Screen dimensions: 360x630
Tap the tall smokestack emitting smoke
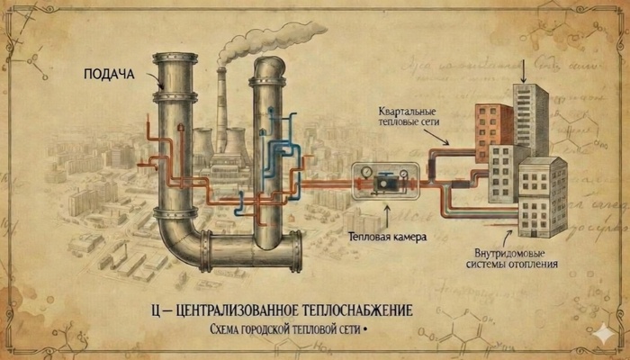[x=220, y=108]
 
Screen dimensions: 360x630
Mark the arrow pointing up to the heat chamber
[x=386, y=214]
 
